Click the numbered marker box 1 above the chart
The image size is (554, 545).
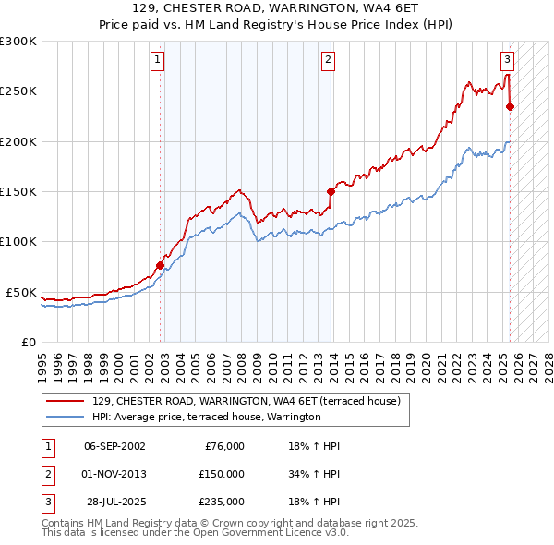158,61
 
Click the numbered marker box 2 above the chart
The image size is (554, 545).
328,61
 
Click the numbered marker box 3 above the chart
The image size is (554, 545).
507,61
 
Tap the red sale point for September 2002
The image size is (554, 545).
160,265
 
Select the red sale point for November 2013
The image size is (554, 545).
331,191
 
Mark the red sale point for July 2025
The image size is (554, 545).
510,106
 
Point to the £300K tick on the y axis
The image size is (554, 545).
18,42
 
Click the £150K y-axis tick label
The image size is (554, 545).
18,191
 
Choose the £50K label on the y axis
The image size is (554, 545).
21,292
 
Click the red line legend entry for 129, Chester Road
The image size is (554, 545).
246,402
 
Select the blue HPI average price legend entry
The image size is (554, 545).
206,418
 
